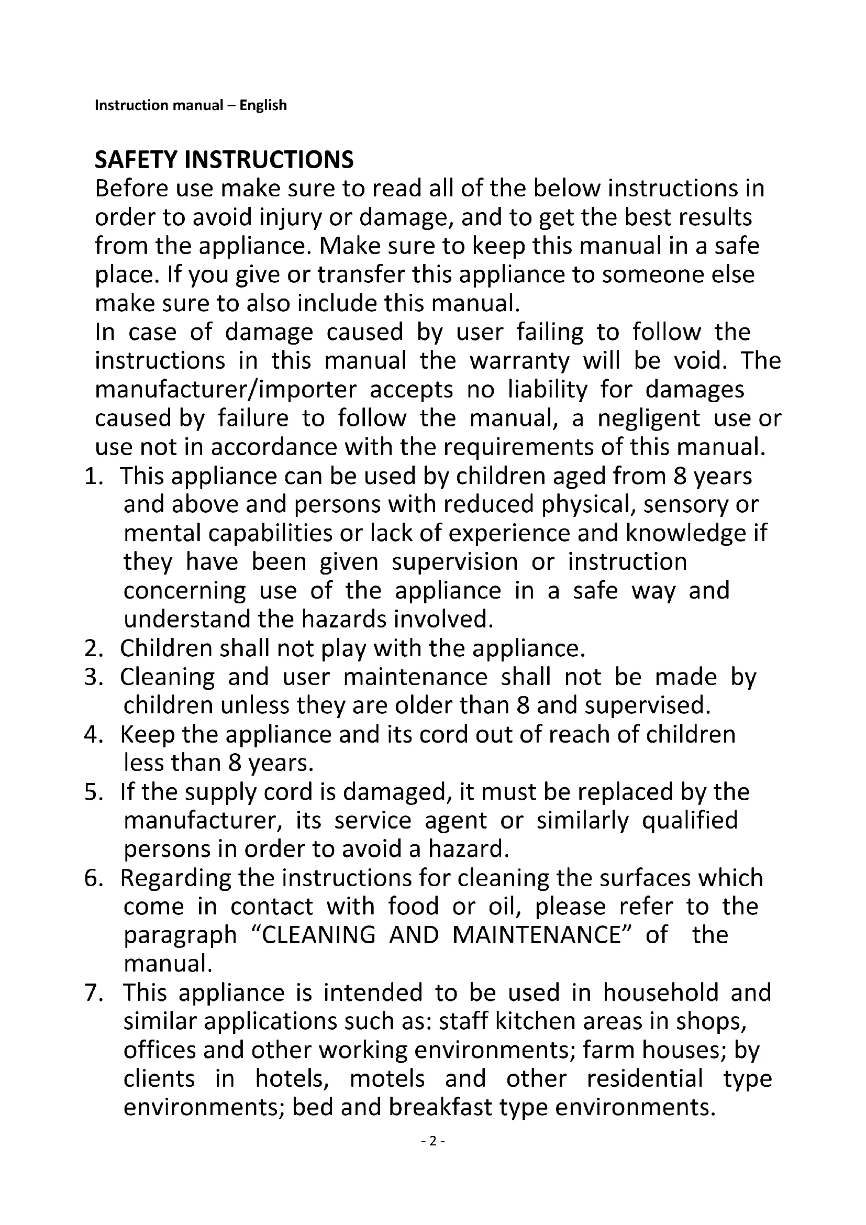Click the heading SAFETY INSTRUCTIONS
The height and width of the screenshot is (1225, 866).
224,160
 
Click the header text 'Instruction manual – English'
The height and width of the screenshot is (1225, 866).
191,105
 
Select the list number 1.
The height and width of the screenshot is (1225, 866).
93,476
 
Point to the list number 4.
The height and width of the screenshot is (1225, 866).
93,735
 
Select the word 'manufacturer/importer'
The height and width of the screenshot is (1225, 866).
226,390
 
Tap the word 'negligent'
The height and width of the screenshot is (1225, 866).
648,418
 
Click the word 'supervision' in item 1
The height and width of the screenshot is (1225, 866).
455,562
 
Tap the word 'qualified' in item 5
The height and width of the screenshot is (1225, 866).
690,821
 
